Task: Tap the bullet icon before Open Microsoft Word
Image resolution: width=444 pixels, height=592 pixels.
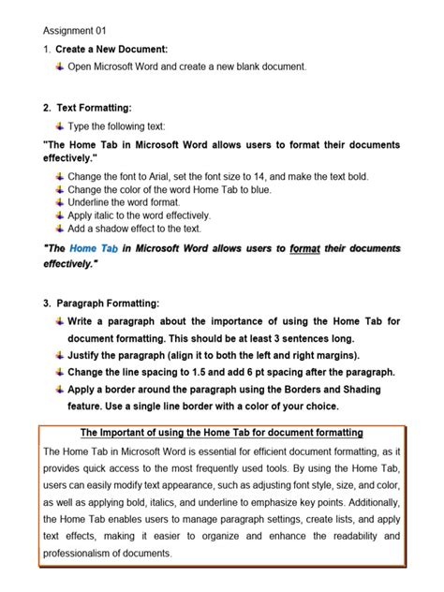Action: tap(60, 67)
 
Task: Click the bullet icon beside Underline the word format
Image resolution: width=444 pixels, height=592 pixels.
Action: tap(60, 202)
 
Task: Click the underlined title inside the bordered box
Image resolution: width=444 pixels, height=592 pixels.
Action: tap(221, 432)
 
